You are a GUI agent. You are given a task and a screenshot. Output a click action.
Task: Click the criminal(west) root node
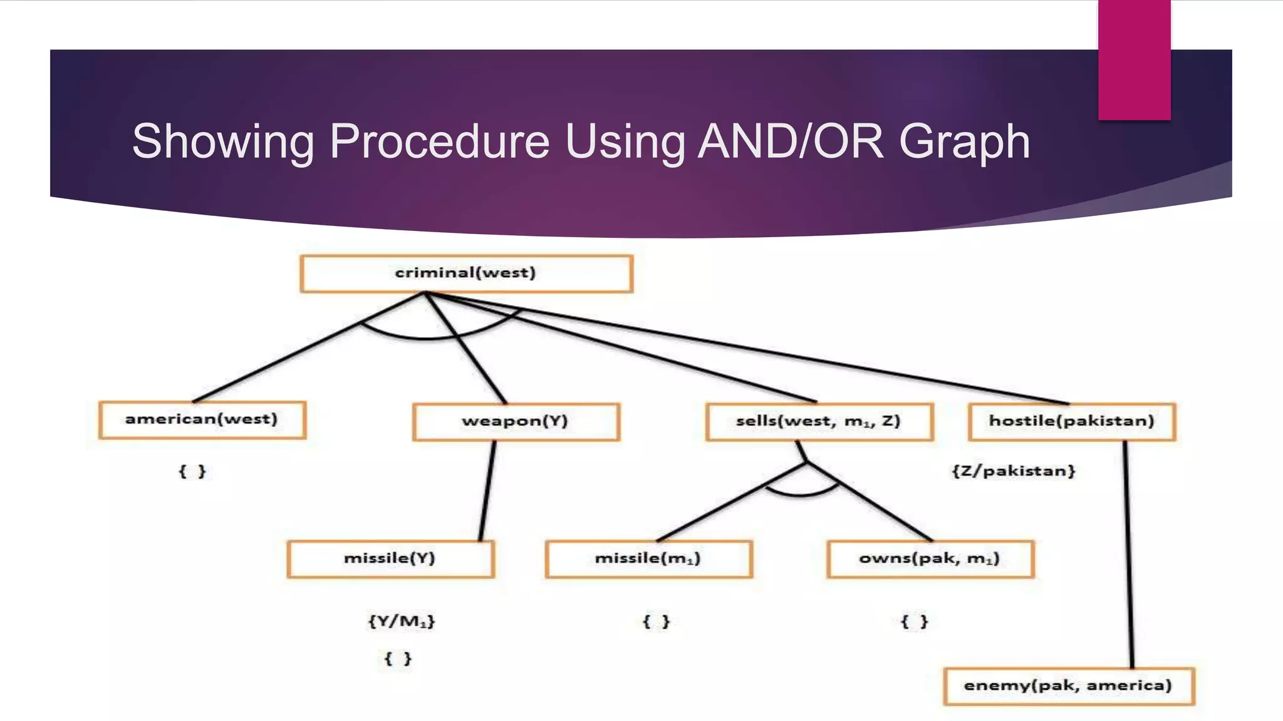466,274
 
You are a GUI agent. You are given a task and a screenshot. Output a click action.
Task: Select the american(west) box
202,420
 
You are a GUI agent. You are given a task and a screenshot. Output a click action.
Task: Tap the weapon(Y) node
516,422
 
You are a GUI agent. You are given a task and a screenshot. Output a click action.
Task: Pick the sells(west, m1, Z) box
819,422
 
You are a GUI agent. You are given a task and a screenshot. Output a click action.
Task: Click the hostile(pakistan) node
1071,422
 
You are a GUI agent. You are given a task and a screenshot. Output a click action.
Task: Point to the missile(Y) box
390,559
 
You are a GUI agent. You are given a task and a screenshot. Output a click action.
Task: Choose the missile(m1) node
648,559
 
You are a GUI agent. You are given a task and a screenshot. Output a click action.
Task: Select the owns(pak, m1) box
930,559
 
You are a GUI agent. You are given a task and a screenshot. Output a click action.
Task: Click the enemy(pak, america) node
1068,686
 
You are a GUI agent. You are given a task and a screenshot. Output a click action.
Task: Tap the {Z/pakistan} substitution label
1013,471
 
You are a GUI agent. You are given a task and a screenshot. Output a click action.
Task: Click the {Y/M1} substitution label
402,621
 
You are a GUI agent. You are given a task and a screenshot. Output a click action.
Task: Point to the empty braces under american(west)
192,471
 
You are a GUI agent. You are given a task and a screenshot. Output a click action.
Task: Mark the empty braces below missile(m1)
656,621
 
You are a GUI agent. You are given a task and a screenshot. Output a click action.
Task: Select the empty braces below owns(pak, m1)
914,621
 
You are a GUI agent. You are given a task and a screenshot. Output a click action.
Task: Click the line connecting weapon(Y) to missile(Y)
487,491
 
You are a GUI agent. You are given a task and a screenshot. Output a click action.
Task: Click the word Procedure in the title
439,141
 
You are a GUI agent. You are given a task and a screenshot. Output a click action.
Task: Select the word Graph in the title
964,141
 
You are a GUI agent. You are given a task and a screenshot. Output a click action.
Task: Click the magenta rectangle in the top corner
1134,59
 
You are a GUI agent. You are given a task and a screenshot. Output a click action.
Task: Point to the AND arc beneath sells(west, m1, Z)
800,494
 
